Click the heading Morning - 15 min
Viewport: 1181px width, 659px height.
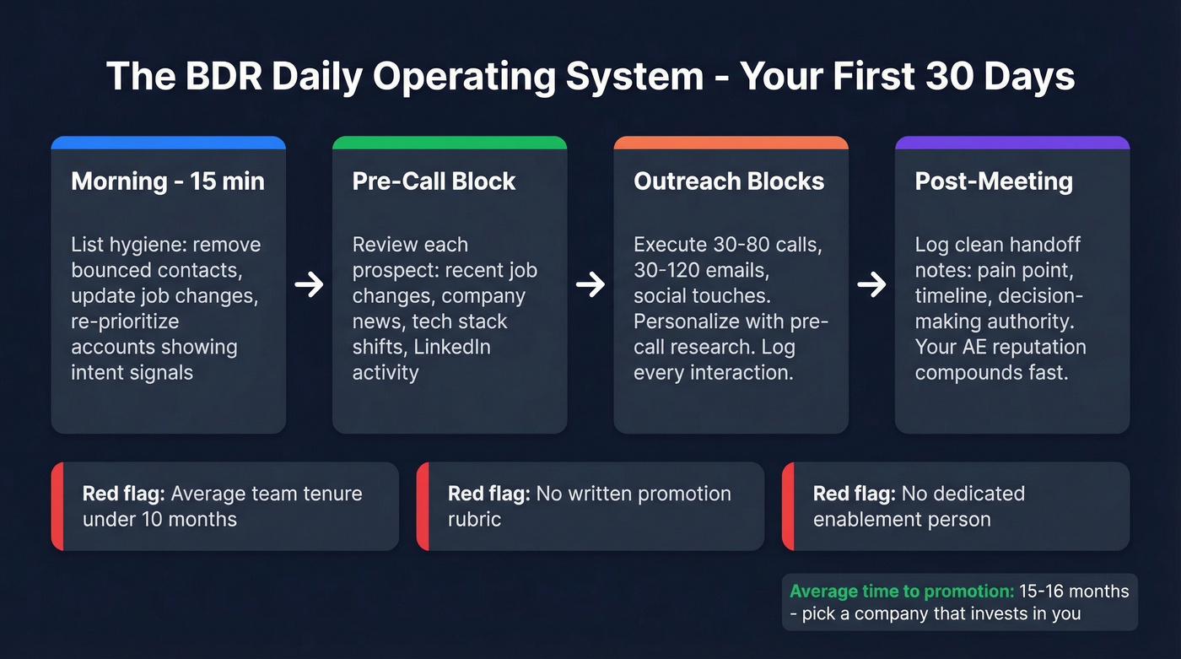(x=168, y=181)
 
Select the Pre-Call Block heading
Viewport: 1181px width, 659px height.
(x=434, y=181)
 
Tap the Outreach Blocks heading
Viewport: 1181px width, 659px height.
(x=729, y=181)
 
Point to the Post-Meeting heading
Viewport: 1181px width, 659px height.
(x=994, y=181)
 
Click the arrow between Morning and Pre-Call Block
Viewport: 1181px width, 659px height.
(x=309, y=285)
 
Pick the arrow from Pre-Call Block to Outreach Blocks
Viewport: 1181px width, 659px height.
(x=590, y=285)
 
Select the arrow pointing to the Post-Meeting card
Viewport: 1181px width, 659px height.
(x=871, y=285)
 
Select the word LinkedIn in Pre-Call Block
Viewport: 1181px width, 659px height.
(x=451, y=347)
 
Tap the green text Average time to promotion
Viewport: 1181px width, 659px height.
(x=901, y=591)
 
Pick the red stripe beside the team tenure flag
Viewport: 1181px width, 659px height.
(x=57, y=506)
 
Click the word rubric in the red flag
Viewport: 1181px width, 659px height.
(x=474, y=519)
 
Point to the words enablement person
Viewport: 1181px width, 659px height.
(x=902, y=519)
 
